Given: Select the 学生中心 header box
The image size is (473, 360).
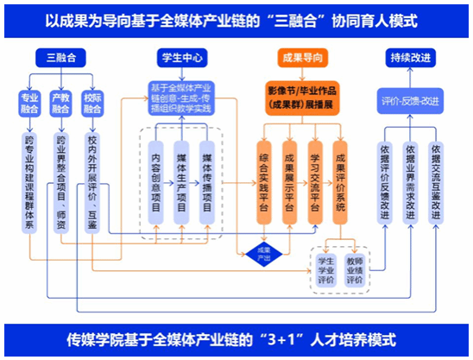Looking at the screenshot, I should [181, 58].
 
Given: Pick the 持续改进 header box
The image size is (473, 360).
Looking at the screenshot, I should [411, 58].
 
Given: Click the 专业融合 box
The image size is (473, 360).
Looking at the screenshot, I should [30, 104].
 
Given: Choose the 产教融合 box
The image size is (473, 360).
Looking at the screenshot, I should [60, 104].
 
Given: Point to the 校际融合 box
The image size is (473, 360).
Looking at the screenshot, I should [91, 104].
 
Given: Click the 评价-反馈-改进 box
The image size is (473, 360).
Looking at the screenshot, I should [411, 101].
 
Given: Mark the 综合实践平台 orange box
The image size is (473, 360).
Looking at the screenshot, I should [264, 176].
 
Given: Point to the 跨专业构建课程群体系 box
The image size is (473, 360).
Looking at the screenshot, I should [30, 181].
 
